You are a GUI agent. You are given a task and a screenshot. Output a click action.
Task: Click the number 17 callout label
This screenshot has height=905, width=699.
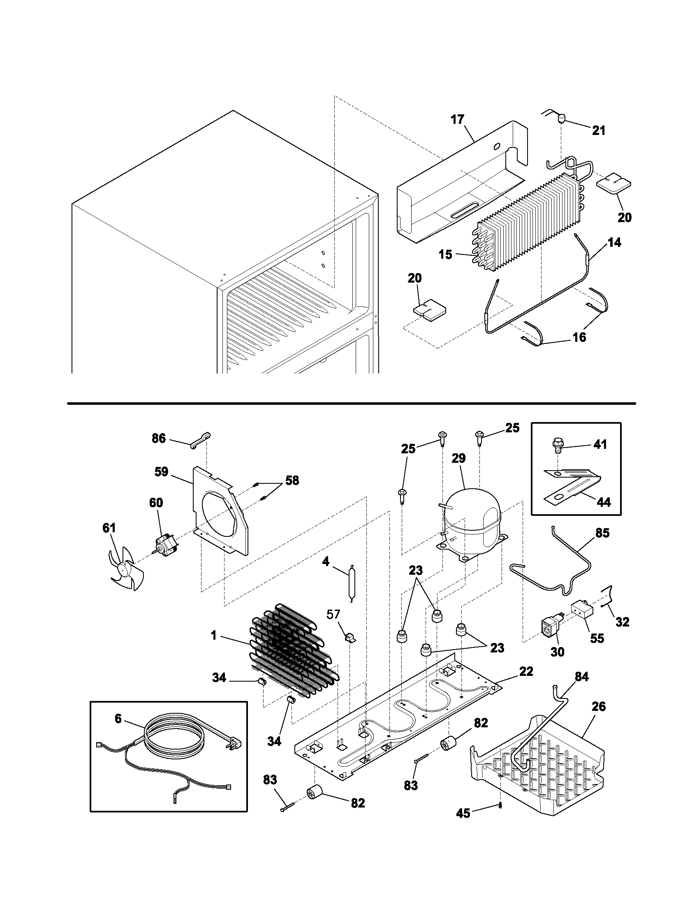point(458,120)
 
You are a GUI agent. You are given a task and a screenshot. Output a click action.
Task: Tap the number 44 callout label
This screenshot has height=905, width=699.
point(604,502)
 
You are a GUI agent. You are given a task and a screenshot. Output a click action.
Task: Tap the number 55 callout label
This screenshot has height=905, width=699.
point(597,638)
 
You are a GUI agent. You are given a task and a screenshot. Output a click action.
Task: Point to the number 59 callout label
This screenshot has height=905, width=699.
point(161,471)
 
